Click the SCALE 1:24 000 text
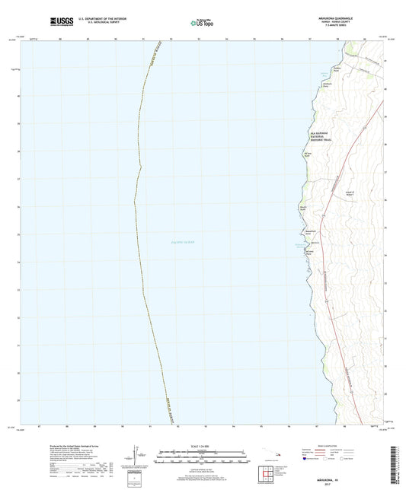click(203, 446)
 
